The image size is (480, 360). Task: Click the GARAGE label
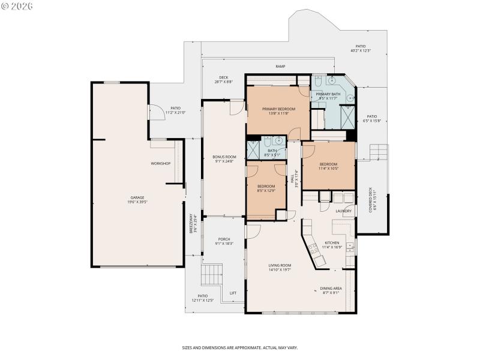pos(137,197)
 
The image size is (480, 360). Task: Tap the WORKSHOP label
pos(161,164)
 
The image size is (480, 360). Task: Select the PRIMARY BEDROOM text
pos(279,109)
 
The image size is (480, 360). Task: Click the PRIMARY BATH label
pos(328,94)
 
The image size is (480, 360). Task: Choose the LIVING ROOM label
pos(280,265)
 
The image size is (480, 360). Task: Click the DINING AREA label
pos(330,289)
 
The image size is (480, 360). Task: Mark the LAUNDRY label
pos(343,211)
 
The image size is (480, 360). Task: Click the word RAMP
pos(280,67)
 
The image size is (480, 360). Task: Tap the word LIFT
pos(233,293)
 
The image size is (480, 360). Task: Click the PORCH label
pos(224,239)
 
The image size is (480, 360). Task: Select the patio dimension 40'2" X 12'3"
pos(361,51)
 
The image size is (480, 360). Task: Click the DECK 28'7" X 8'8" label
pos(223,79)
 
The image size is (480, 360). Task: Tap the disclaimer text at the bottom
pos(240,347)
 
